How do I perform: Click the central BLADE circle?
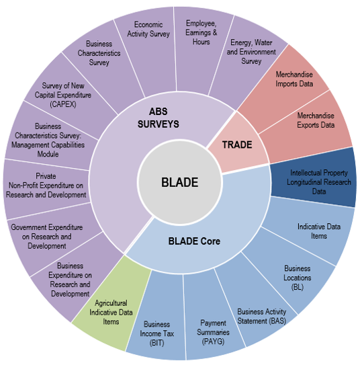click(179, 181)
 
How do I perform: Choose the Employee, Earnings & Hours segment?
click(201, 34)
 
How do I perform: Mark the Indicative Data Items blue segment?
click(318, 231)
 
